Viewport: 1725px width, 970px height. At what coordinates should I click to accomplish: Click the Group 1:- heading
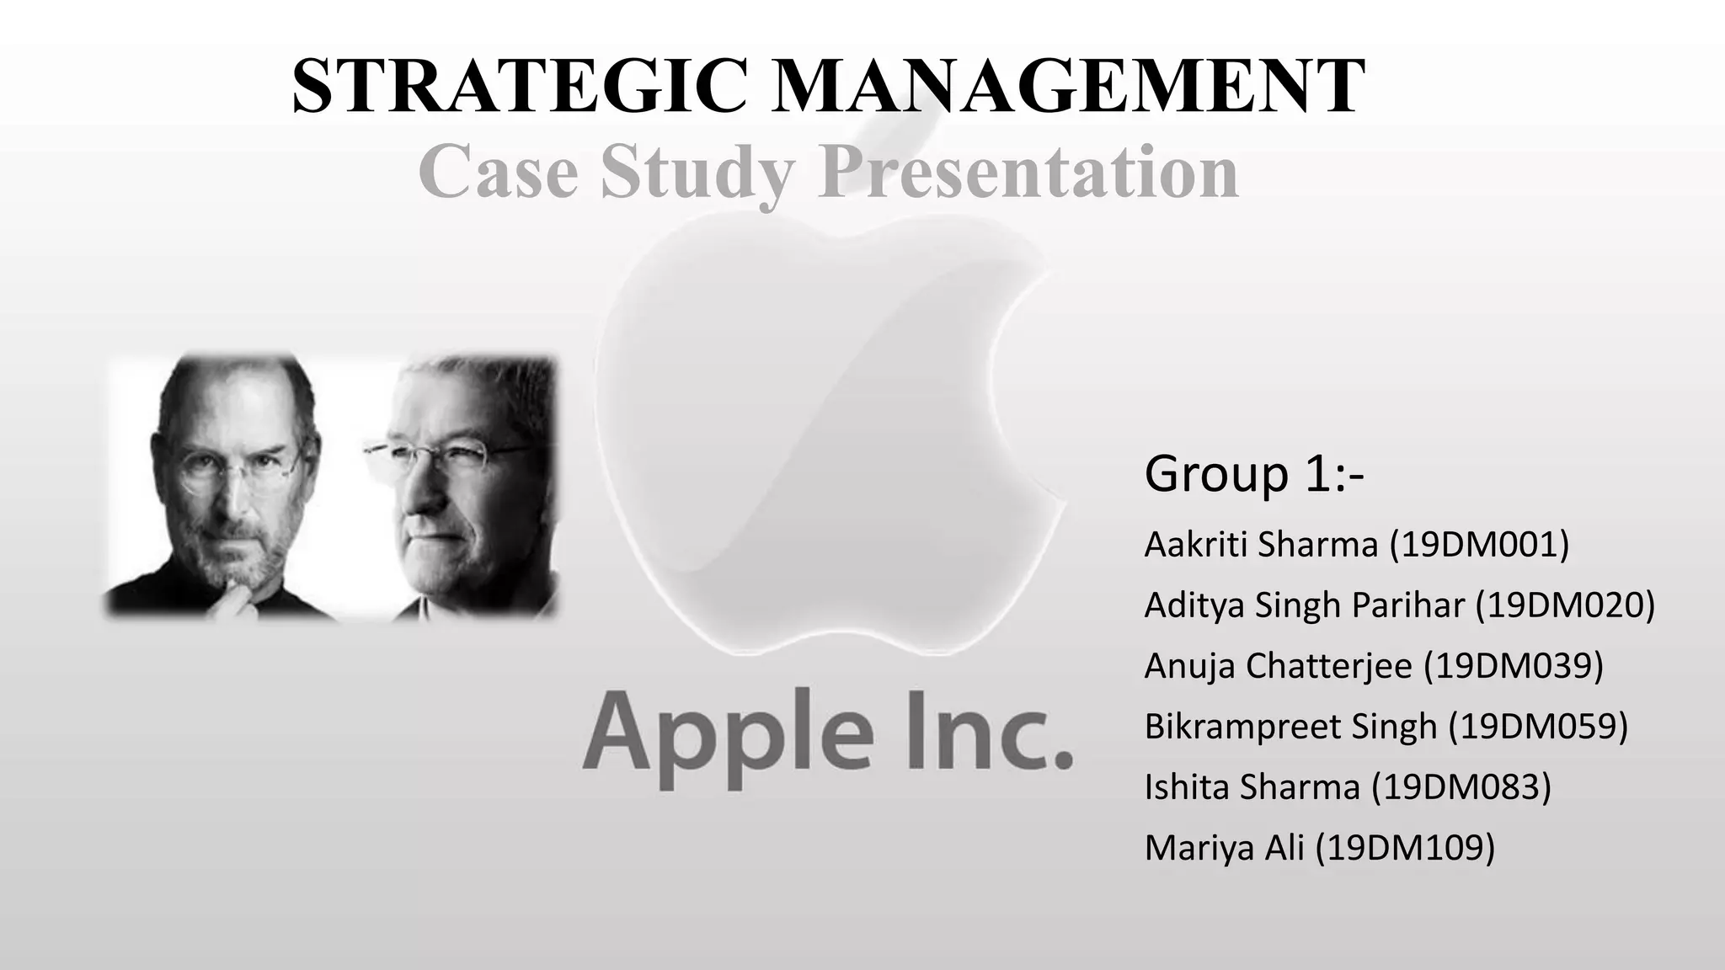[x=1253, y=474]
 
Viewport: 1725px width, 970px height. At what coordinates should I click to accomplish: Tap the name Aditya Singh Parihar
[x=1304, y=605]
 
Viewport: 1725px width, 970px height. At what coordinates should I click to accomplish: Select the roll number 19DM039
[x=1513, y=666]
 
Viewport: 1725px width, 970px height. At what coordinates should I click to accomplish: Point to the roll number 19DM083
[x=1461, y=787]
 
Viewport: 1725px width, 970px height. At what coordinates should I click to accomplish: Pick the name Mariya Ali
[x=1223, y=848]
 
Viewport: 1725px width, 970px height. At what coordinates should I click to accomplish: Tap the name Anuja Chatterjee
[x=1278, y=666]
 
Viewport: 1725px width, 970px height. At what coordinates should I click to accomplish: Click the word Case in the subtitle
[x=498, y=173]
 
